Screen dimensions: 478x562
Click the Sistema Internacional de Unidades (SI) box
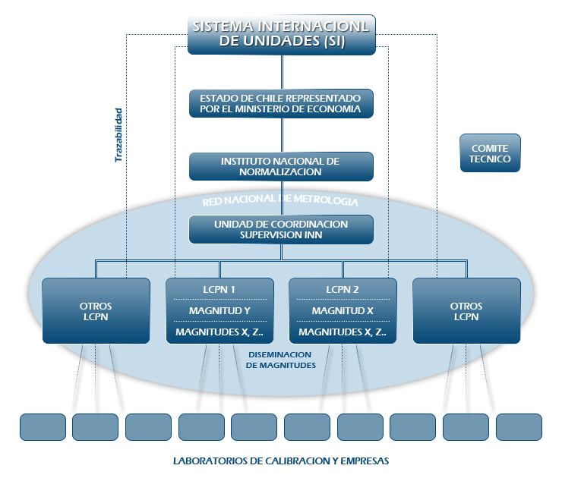[x=282, y=34]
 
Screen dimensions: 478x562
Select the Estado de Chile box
[x=282, y=104]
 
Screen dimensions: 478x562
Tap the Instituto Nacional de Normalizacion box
[x=282, y=166]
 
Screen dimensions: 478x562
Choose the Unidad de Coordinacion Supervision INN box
[x=282, y=229]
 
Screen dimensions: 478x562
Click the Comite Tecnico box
[x=491, y=153]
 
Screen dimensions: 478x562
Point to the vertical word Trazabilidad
[x=118, y=135]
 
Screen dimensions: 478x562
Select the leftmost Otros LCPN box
[x=96, y=311]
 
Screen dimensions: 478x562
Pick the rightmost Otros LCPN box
[x=466, y=311]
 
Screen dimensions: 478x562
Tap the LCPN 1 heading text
[x=219, y=290]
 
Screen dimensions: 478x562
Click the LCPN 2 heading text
[x=343, y=290]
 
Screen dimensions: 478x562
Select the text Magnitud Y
[x=219, y=310]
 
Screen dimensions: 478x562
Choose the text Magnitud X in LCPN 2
[x=343, y=310]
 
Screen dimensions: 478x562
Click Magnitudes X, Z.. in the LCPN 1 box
[x=219, y=332]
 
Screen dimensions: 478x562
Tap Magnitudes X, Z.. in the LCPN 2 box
[x=343, y=332]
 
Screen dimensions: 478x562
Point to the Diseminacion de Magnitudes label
[x=280, y=360]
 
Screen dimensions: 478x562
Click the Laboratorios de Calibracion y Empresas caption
[x=281, y=461]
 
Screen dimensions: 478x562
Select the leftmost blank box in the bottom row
[x=43, y=426]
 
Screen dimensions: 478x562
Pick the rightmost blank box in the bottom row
[x=519, y=426]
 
